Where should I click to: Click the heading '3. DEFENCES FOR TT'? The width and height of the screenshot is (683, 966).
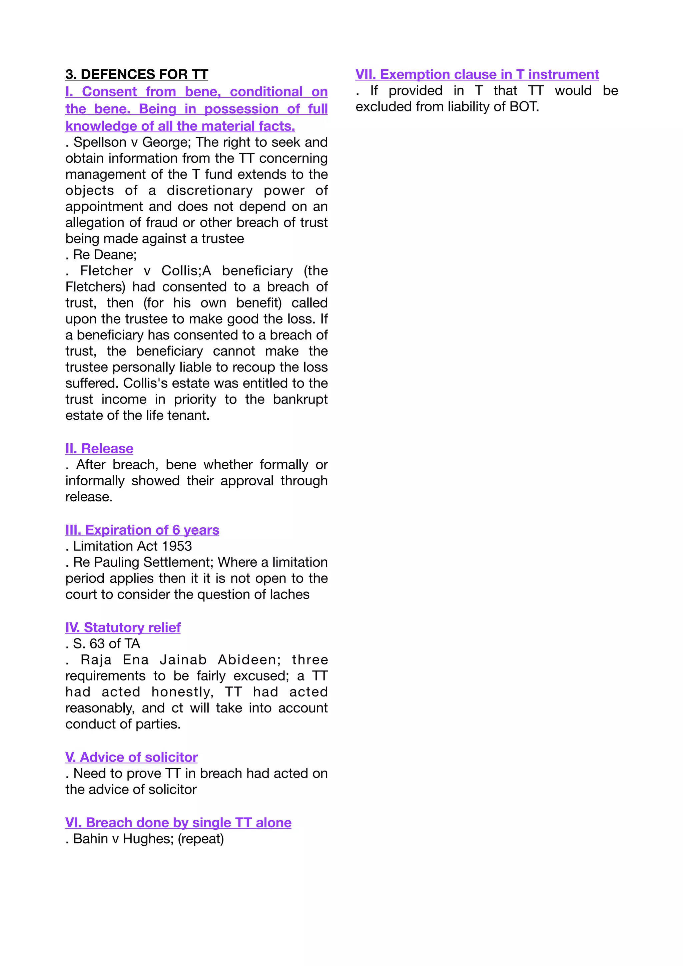[137, 74]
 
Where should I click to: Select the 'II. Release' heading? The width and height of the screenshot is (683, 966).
[99, 449]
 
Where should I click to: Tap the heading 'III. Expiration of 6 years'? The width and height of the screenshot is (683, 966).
[142, 530]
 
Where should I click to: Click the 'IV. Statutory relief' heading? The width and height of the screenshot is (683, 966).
[123, 627]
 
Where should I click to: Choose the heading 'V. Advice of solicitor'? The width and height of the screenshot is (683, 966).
[131, 757]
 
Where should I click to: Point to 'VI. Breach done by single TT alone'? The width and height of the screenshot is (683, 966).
[178, 822]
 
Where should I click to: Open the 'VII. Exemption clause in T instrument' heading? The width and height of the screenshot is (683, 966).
[477, 74]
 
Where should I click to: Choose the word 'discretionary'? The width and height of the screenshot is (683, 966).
[210, 190]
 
